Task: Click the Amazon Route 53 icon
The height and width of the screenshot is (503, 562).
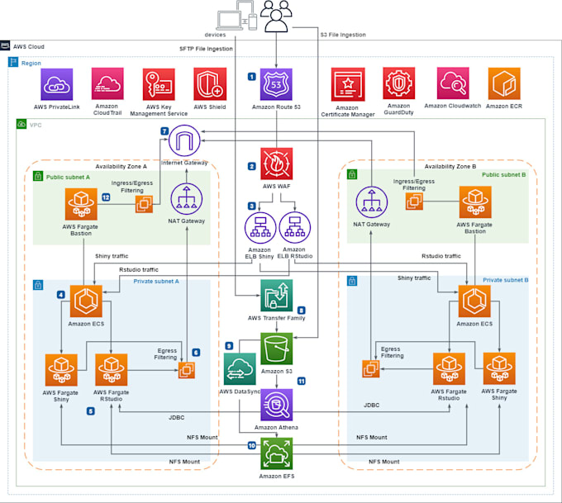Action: point(276,84)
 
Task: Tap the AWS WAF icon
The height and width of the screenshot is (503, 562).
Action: point(276,164)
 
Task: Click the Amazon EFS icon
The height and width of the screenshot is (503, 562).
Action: point(276,453)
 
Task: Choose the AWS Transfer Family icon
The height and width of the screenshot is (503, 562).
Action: point(276,295)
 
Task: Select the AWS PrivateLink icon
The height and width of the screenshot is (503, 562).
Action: point(57,84)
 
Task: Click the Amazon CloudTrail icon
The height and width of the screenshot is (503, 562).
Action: point(107,84)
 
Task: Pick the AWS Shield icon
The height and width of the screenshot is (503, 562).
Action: point(210,84)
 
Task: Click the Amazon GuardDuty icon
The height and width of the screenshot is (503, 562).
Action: point(399,83)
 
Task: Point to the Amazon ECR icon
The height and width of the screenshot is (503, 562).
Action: point(503,83)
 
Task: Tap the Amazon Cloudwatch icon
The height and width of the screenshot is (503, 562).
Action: point(453,83)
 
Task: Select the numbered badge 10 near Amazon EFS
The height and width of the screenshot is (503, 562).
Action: point(251,446)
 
